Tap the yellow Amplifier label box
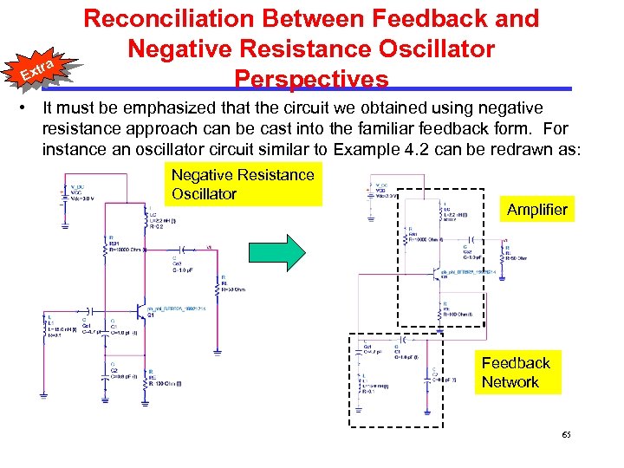tap(536, 209)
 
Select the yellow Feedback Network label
tap(516, 373)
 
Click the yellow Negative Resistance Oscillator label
tap(243, 184)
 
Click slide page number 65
tap(567, 433)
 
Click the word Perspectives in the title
tap(311, 79)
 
